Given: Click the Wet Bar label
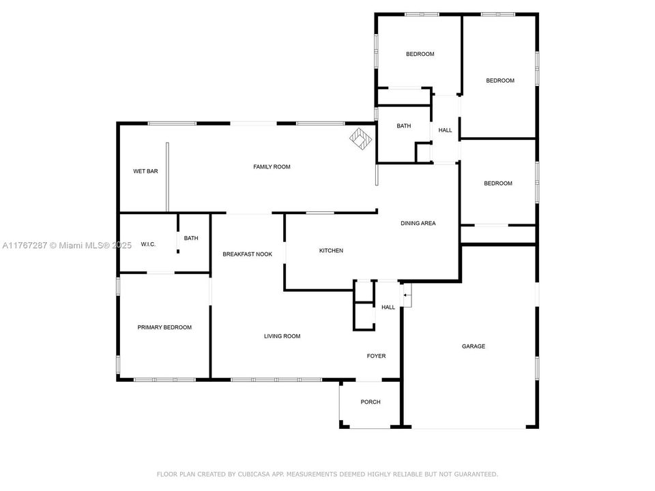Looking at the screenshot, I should pos(145,171).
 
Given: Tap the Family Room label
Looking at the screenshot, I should pos(272,166).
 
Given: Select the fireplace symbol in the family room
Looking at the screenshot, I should pos(361,140).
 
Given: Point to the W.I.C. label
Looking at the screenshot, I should pos(148,244).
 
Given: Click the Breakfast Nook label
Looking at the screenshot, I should pos(247,254).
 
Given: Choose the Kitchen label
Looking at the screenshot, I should pos(331,251).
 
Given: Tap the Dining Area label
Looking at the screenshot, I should pos(418,223).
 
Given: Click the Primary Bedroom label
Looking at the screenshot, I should pos(164,327).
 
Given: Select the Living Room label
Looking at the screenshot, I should pos(282,336).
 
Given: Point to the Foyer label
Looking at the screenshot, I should pos(376,356).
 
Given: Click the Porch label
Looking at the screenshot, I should pos(370,402).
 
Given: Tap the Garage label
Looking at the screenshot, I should pos(474,346).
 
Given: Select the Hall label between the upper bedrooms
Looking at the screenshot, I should pos(445,130).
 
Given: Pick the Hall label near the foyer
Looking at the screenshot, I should pos(388,308).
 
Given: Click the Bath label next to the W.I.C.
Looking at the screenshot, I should pos(191,238).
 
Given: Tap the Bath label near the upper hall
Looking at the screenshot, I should pos(404,126).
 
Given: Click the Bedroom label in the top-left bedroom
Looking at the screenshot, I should pos(420,54).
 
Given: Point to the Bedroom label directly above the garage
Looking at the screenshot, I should pos(497,183).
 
